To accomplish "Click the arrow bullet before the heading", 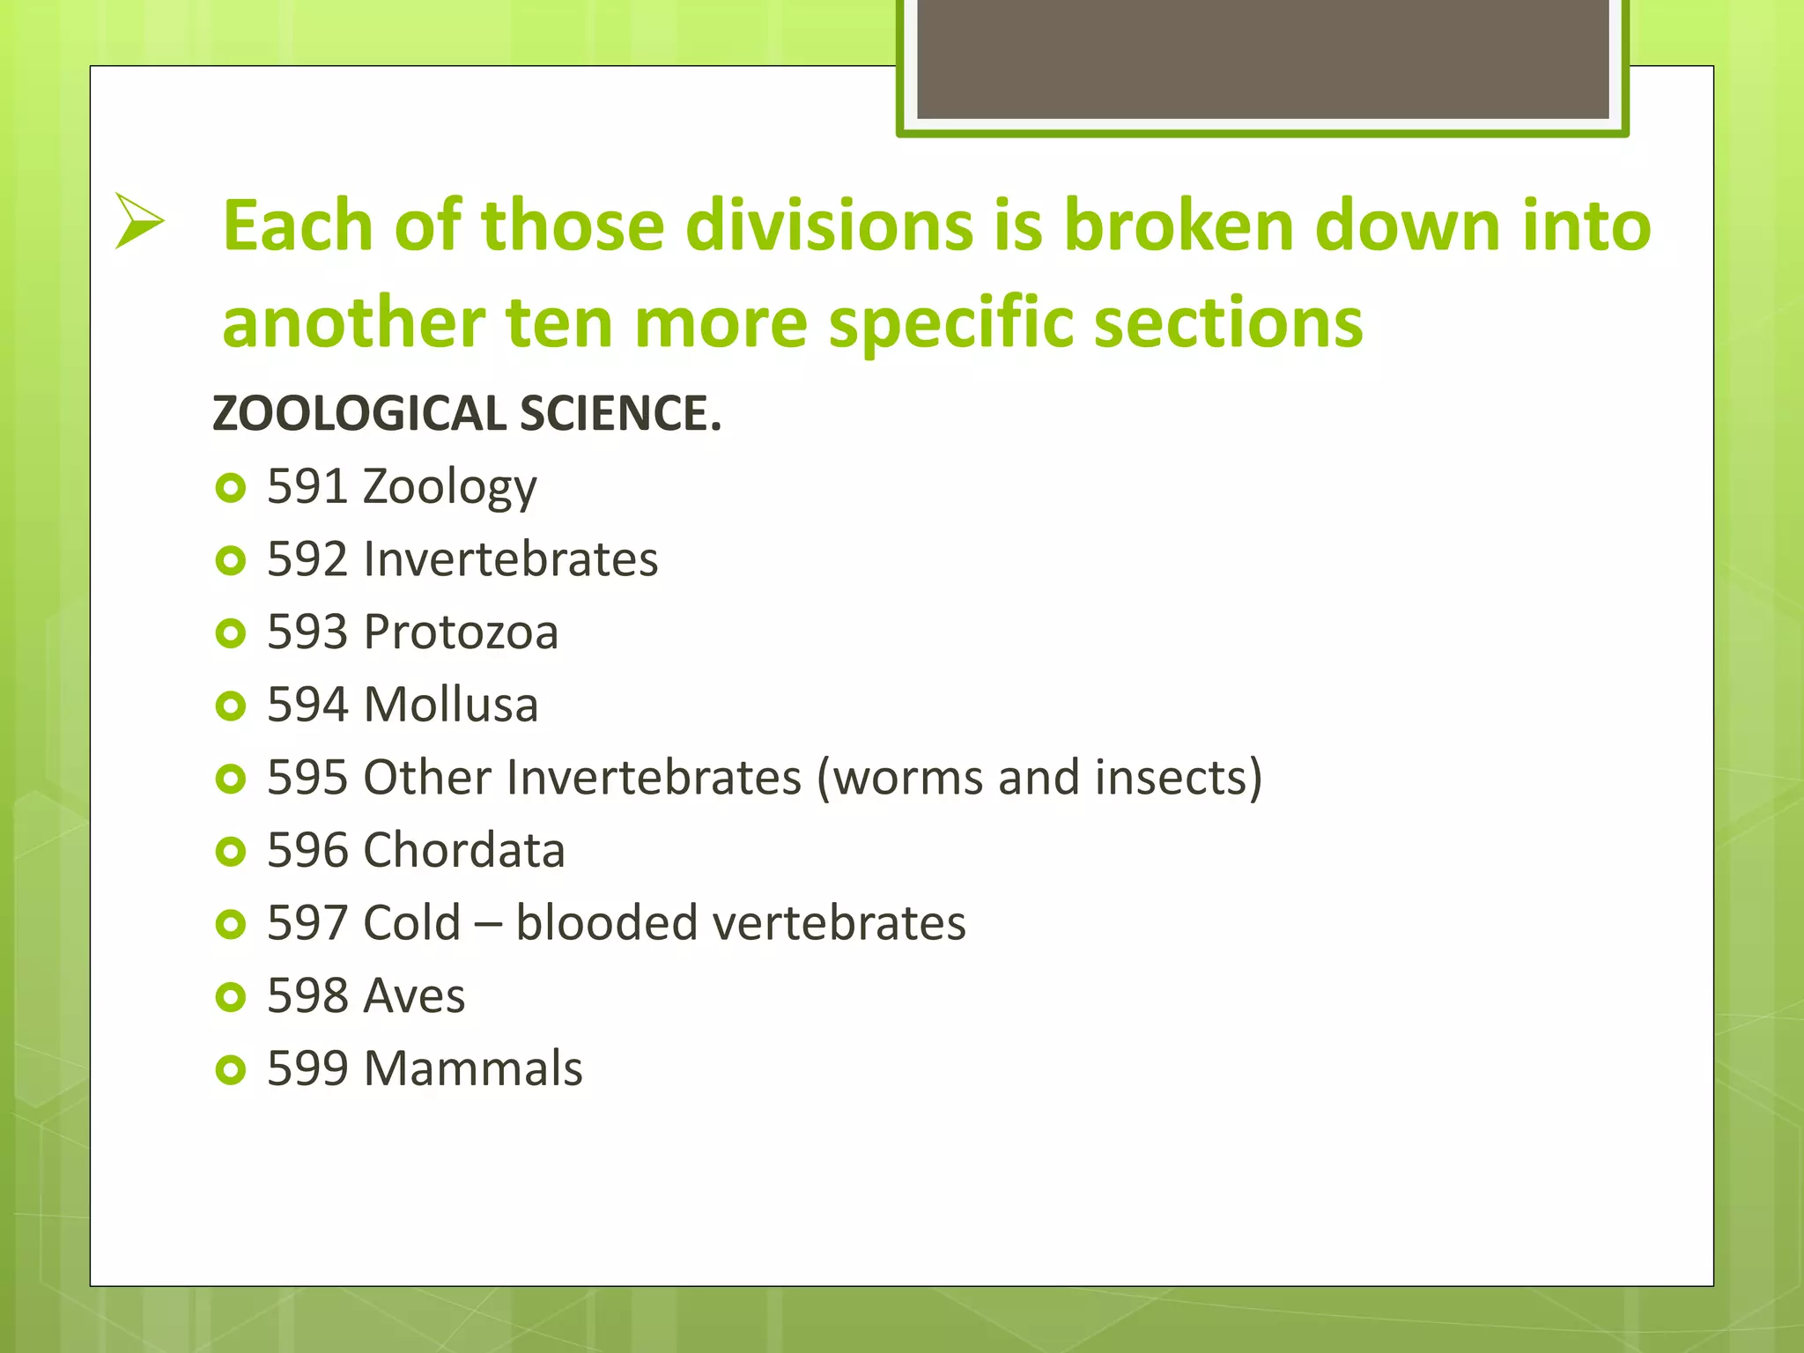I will [139, 221].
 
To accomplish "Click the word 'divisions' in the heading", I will [830, 225].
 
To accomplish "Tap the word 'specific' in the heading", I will [950, 323].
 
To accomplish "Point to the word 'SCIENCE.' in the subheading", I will [620, 414].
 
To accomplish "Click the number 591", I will [307, 487].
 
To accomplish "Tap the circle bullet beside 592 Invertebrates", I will [230, 560].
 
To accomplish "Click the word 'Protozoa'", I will [461, 632].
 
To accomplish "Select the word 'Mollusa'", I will [450, 706].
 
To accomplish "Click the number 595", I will [307, 778].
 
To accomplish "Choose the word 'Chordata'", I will [463, 851].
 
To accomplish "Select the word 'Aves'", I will [414, 996].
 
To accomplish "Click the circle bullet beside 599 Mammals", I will [230, 1069].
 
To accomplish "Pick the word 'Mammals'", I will [473, 1069].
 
